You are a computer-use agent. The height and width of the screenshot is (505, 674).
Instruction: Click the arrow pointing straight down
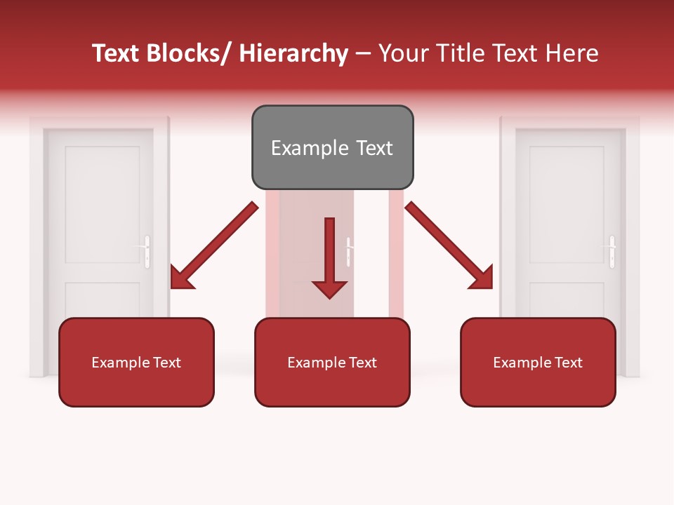[329, 260]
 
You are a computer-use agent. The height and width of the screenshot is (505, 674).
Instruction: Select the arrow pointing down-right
[449, 245]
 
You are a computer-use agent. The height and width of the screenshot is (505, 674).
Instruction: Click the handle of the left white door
[146, 252]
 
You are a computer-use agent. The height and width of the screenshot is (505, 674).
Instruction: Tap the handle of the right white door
[612, 252]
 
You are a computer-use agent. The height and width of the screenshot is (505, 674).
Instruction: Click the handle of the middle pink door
[348, 252]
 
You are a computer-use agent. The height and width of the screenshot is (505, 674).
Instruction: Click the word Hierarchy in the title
[293, 54]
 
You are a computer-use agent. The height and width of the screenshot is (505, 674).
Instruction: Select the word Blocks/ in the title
[189, 54]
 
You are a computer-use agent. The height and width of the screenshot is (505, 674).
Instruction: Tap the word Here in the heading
[572, 54]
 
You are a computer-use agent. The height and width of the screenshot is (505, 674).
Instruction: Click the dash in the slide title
[363, 54]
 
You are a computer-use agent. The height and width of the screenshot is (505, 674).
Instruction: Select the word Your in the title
[402, 54]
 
